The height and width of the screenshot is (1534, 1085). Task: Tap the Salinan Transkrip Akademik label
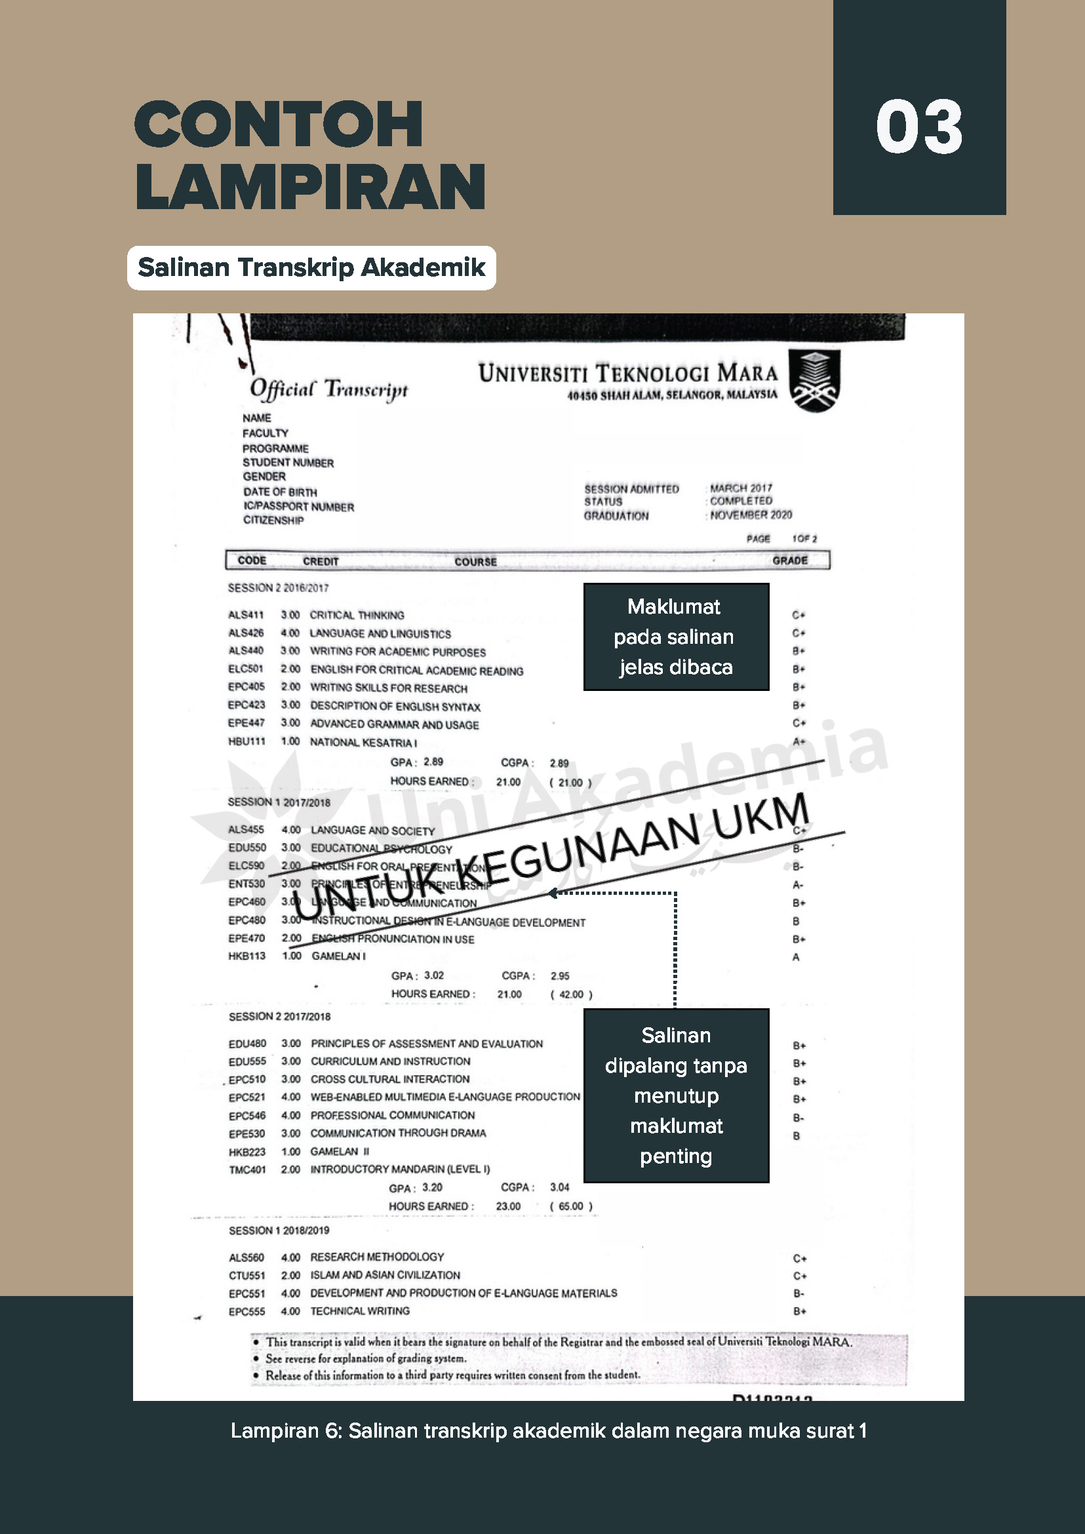click(311, 267)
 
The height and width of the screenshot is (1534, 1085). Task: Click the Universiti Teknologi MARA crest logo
click(814, 380)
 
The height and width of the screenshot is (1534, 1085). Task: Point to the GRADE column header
click(790, 560)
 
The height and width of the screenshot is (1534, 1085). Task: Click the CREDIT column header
click(321, 561)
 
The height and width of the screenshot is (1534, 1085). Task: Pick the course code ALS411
click(246, 615)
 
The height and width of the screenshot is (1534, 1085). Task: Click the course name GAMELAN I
click(338, 956)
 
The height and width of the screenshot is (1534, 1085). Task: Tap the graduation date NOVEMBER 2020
click(751, 515)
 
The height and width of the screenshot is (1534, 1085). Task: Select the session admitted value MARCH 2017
click(741, 488)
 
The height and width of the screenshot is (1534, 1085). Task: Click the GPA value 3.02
click(433, 975)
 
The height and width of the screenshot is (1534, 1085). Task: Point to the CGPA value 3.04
click(559, 1187)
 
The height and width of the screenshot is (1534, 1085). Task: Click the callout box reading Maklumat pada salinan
click(675, 637)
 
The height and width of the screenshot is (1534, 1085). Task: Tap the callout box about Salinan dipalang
click(675, 1095)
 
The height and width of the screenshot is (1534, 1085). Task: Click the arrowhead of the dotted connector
click(552, 893)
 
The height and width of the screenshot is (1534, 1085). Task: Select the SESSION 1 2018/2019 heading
click(279, 1230)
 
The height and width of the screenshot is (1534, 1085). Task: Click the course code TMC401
click(247, 1170)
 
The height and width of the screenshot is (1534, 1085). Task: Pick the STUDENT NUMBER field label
click(288, 462)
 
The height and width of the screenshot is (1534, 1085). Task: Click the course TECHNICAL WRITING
click(359, 1311)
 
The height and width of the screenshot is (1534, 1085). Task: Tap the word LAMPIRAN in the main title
click(311, 186)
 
